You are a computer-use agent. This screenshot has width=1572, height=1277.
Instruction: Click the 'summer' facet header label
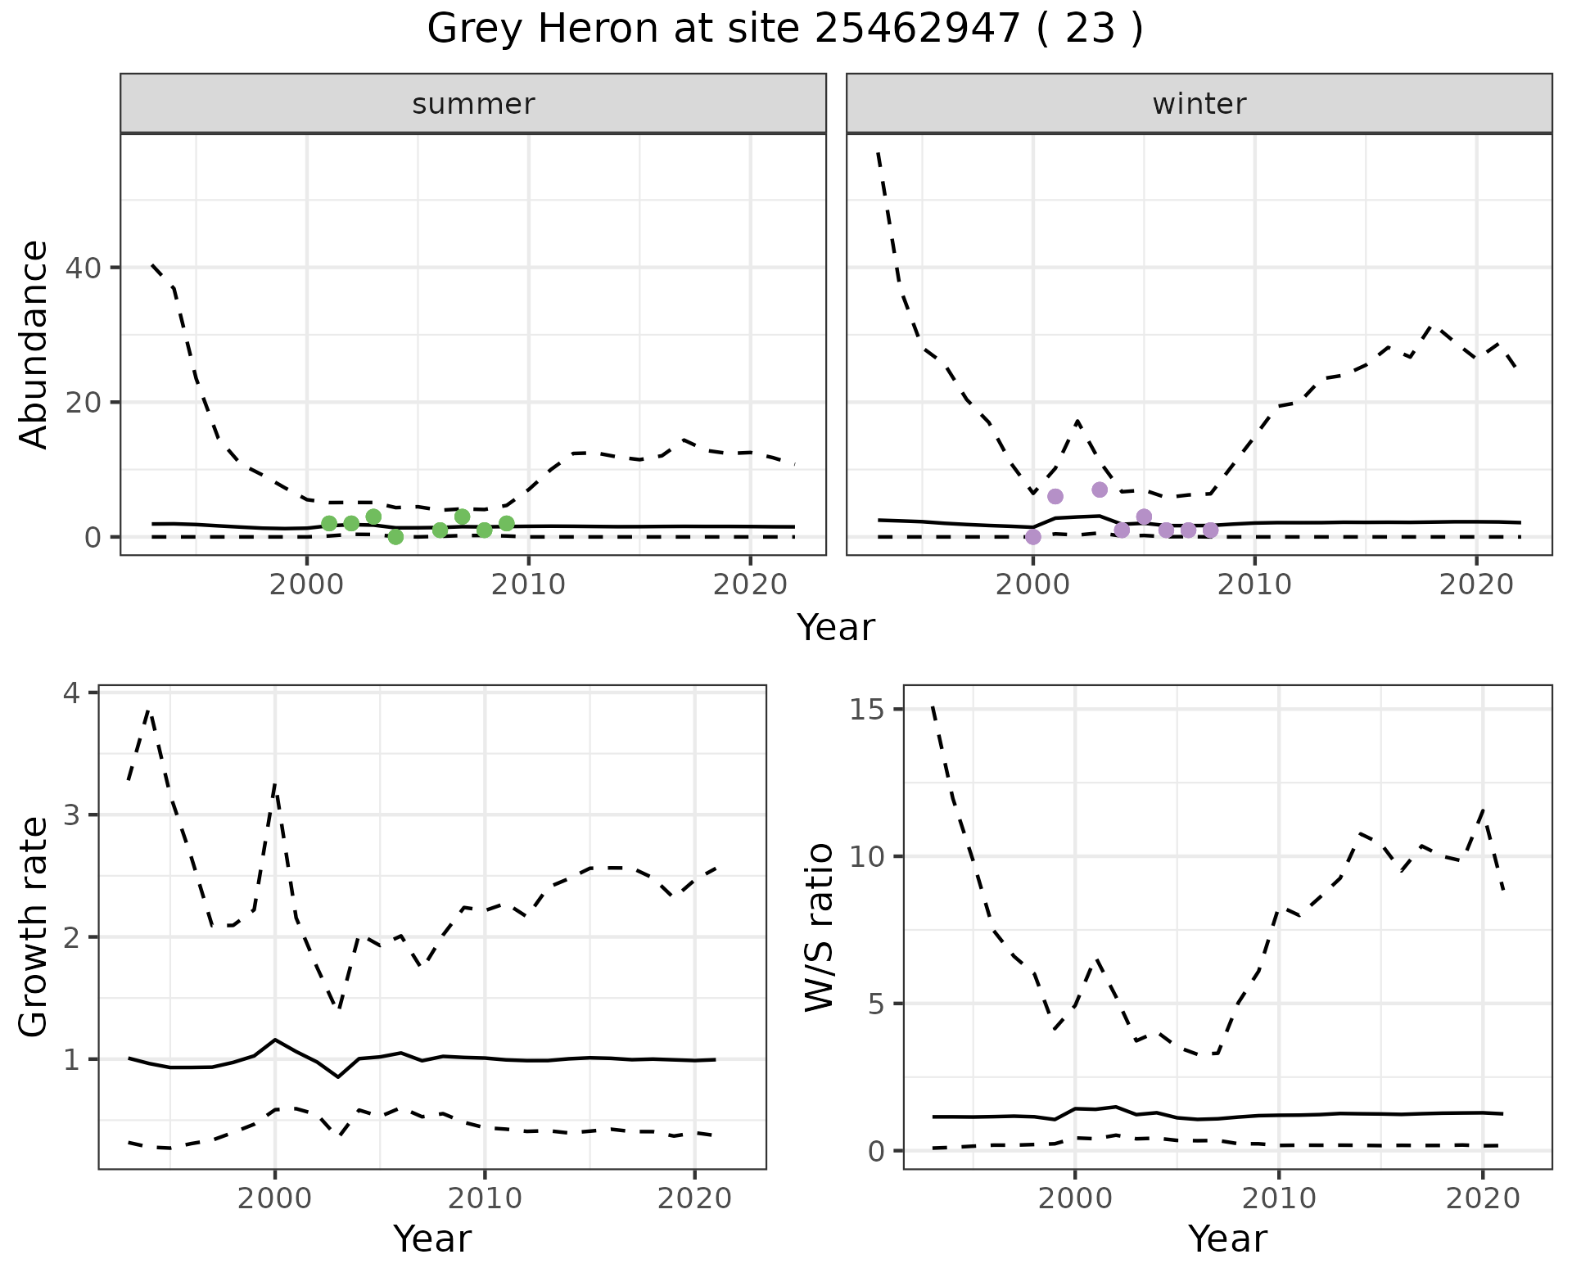(473, 104)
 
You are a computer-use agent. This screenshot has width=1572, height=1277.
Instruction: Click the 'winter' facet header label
(1199, 104)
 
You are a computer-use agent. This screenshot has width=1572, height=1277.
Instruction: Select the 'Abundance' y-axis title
(34, 345)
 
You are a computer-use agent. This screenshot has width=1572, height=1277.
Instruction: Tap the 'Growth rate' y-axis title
(34, 927)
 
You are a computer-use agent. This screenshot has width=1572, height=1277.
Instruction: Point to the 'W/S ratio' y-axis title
(819, 927)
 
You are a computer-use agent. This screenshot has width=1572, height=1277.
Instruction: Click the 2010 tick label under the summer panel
(529, 584)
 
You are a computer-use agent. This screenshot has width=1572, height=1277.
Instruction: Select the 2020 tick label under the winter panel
(1475, 584)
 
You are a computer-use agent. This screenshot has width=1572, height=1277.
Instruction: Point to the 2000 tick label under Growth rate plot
(274, 1198)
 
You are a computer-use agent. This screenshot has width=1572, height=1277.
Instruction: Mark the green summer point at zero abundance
(395, 537)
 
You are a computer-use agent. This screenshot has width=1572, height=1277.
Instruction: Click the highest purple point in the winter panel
(1100, 490)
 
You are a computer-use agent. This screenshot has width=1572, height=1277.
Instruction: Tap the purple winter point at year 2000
(1033, 537)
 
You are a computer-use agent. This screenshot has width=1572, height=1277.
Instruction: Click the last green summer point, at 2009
(507, 524)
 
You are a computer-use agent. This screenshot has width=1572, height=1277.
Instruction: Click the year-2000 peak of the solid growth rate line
(275, 1040)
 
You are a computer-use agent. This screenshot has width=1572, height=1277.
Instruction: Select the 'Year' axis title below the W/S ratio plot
(1227, 1239)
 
